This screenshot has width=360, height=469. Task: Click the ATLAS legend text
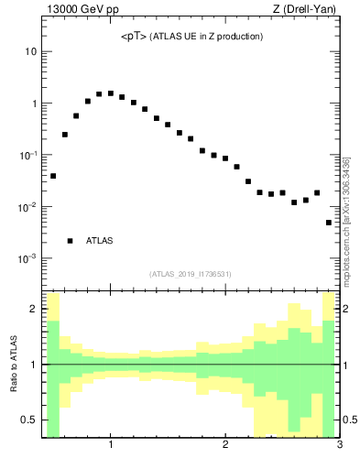pos(99,241)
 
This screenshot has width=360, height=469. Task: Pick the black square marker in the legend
pos(71,241)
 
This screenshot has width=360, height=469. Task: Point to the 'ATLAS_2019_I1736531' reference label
pos(191,274)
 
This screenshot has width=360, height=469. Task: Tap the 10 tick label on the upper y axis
pos(30,52)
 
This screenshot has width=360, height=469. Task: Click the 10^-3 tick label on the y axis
pos(27,258)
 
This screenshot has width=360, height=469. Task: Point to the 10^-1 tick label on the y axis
pos(27,155)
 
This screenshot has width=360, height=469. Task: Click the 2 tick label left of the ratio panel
pos(34,310)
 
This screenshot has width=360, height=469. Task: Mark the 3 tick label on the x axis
pos(340,446)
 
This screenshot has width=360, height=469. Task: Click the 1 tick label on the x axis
pos(111,446)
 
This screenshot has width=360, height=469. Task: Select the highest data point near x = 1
pos(110,93)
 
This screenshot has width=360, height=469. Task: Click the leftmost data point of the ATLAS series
pos(53,176)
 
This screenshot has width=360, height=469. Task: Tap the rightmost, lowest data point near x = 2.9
pos(329,223)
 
